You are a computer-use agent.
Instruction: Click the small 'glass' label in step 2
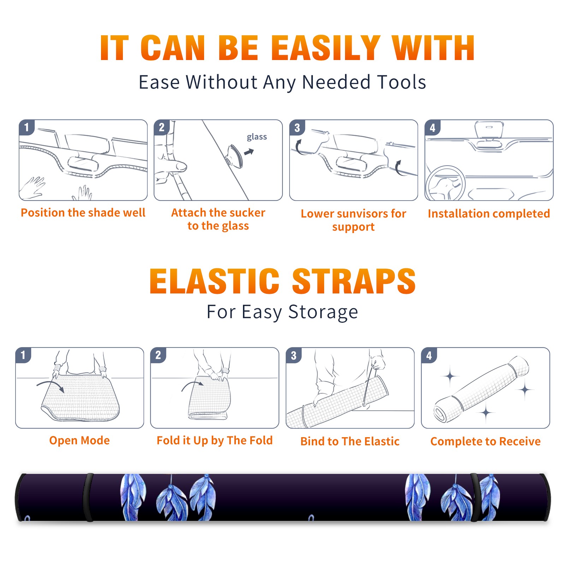[x=257, y=137]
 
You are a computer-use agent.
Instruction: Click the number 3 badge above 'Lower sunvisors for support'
[x=297, y=128]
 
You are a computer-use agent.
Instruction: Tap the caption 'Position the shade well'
[x=83, y=213]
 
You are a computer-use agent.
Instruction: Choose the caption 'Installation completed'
[x=489, y=213]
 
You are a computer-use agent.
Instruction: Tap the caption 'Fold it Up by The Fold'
[x=215, y=440]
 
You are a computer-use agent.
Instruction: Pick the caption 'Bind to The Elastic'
[x=350, y=441]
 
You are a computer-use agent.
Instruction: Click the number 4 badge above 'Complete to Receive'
[x=429, y=356]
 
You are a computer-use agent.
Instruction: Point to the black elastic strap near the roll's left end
[x=88, y=497]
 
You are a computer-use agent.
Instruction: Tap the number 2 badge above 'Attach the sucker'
[x=162, y=127]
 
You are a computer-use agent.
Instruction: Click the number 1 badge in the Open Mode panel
[x=23, y=355]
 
